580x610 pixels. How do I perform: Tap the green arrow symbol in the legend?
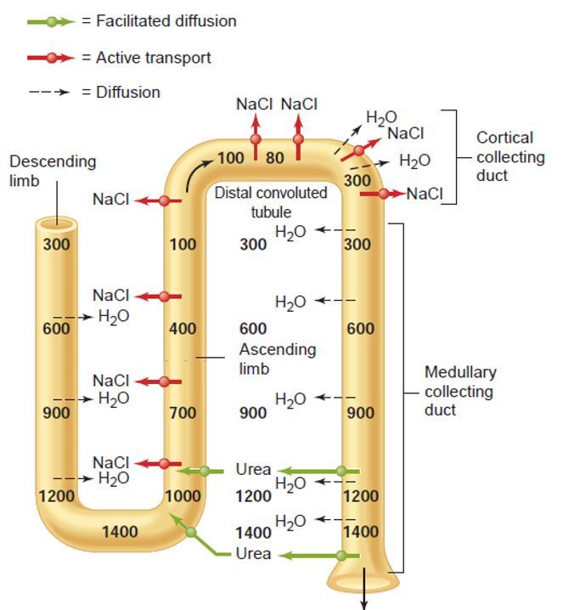tap(52, 21)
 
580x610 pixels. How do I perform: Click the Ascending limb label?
tap(277, 359)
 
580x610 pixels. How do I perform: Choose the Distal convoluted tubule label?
tap(270, 202)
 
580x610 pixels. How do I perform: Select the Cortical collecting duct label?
tap(510, 156)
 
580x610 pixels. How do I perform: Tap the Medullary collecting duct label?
tap(460, 391)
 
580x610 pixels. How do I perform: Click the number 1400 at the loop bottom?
tap(120, 532)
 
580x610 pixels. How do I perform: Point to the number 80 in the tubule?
tap(275, 158)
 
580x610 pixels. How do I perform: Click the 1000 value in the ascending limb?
tap(183, 496)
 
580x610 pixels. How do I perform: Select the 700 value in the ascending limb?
tap(183, 414)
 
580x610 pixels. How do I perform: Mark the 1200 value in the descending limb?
tap(57, 495)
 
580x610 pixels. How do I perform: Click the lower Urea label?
tap(254, 554)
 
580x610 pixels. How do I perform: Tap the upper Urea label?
tap(254, 470)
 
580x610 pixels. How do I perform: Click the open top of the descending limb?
tap(56, 223)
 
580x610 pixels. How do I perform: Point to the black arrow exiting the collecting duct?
tap(364, 598)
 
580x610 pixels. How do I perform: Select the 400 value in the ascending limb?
tap(183, 329)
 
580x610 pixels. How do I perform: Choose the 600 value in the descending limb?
tap(57, 329)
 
